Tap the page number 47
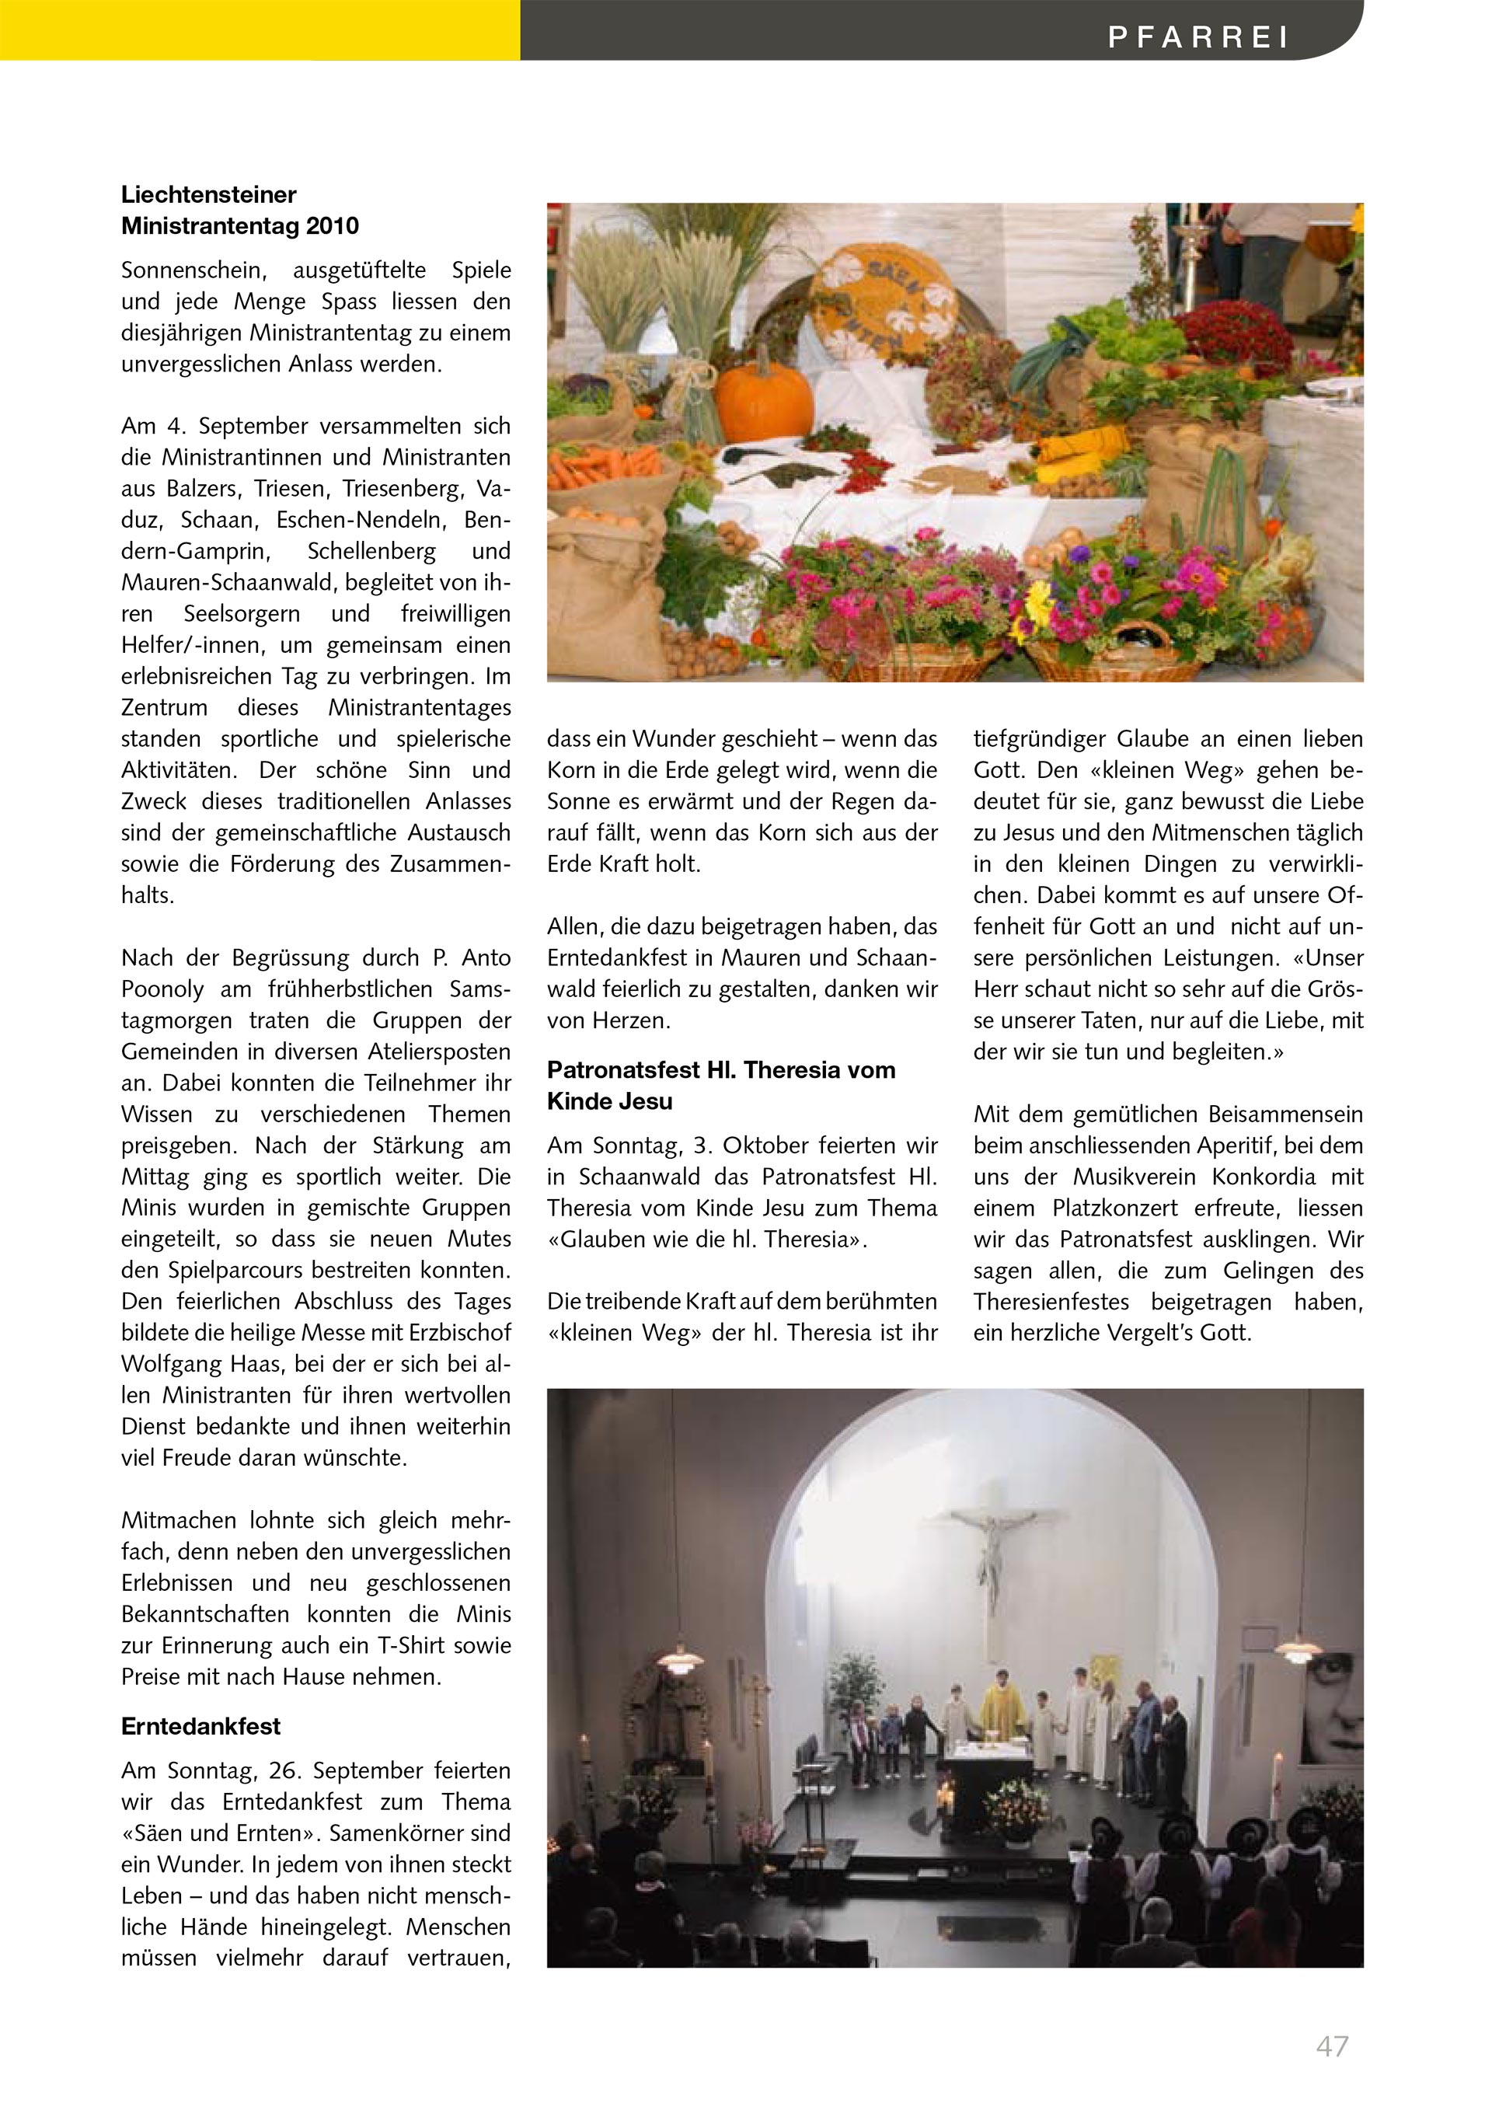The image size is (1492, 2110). coord(1332,2045)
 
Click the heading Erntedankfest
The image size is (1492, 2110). coord(200,1727)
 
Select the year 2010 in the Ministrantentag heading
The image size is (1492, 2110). coord(333,226)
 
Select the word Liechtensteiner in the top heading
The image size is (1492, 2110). coord(208,195)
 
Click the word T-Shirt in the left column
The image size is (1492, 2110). coord(413,1646)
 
